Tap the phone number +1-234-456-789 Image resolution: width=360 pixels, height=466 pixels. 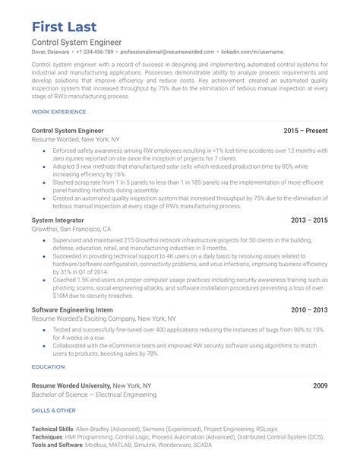click(x=94, y=52)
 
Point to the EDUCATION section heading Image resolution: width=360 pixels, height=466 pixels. click(x=48, y=366)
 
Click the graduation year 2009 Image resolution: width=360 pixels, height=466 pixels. click(x=320, y=385)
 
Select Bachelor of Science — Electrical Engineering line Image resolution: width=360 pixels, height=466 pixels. click(x=94, y=395)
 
